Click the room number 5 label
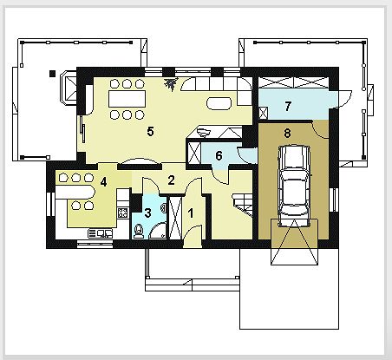[150, 132]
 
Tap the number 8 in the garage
[287, 134]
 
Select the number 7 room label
[288, 106]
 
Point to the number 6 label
[219, 156]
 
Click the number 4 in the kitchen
[103, 182]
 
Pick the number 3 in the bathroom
[147, 213]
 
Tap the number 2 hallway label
[171, 180]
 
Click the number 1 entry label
[191, 213]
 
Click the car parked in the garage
[294, 186]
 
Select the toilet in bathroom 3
[139, 231]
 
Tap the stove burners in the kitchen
[123, 213]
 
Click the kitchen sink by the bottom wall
[100, 233]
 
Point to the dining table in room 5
[127, 99]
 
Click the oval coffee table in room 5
[219, 103]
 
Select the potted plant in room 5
[171, 84]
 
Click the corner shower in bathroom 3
[158, 231]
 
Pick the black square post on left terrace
[52, 74]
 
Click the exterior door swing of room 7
[345, 99]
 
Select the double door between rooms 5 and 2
[140, 161]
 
